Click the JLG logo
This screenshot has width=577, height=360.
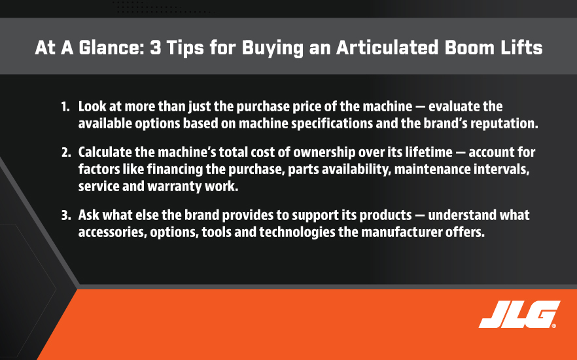pyautogui.click(x=519, y=314)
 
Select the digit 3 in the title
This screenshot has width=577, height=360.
pyautogui.click(x=156, y=48)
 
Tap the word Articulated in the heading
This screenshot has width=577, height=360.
pyautogui.click(x=387, y=48)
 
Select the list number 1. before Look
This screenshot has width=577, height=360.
pyautogui.click(x=65, y=107)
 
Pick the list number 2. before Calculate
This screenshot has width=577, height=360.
pyautogui.click(x=66, y=153)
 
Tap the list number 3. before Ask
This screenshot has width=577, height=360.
pyautogui.click(x=66, y=215)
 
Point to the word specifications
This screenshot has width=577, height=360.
pyautogui.click(x=332, y=124)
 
